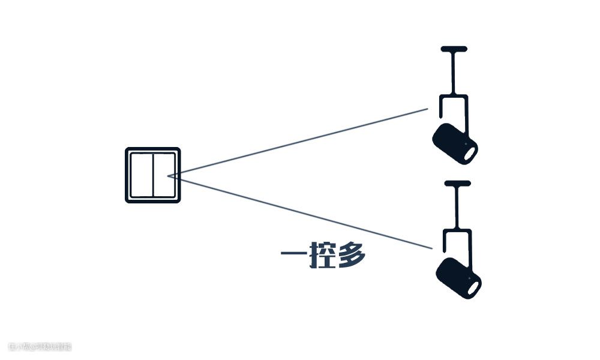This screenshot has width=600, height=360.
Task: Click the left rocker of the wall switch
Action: coord(142,175)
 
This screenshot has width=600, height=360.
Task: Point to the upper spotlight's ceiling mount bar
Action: coord(454,48)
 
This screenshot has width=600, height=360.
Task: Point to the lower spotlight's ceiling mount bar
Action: coord(457,182)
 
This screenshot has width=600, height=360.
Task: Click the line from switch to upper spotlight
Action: coord(300,142)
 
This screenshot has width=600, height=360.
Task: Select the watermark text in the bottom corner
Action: coord(40,347)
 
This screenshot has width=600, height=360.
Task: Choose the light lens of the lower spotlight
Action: coord(473,287)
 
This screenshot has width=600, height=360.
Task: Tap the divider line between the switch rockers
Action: coord(153,175)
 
